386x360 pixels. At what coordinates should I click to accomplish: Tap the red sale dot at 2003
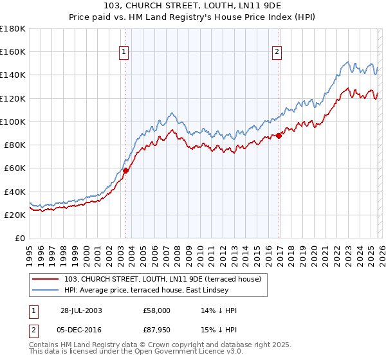(126, 170)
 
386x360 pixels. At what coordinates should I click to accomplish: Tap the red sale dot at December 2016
(279, 136)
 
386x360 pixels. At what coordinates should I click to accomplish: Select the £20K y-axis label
(15, 215)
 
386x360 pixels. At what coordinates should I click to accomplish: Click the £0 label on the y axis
(20, 239)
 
